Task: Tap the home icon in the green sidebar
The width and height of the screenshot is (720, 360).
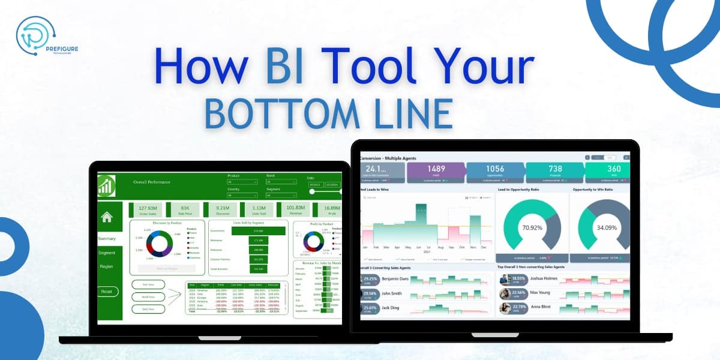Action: tap(107, 218)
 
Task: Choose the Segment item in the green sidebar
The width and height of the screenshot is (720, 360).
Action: tap(107, 253)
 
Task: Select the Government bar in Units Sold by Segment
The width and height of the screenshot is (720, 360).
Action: tap(258, 230)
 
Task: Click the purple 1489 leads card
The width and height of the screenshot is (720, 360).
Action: tap(435, 172)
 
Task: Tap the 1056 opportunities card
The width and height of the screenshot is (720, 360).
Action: tap(495, 172)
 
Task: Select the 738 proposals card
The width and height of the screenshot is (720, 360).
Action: tap(555, 172)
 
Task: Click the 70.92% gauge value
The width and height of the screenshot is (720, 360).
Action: tap(533, 228)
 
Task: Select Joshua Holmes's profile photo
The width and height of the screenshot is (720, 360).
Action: tap(505, 279)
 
